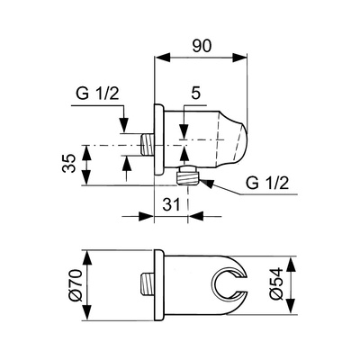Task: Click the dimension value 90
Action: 202,46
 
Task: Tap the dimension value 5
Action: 195,94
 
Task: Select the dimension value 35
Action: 69,163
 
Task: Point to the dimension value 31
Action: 172,204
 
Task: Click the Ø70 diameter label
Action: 75,284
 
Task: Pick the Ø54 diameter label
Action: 276,283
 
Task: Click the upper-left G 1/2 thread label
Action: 97,94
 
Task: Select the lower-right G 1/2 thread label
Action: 267,183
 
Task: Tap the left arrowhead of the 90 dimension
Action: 162,58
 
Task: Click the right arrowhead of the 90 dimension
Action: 239,58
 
